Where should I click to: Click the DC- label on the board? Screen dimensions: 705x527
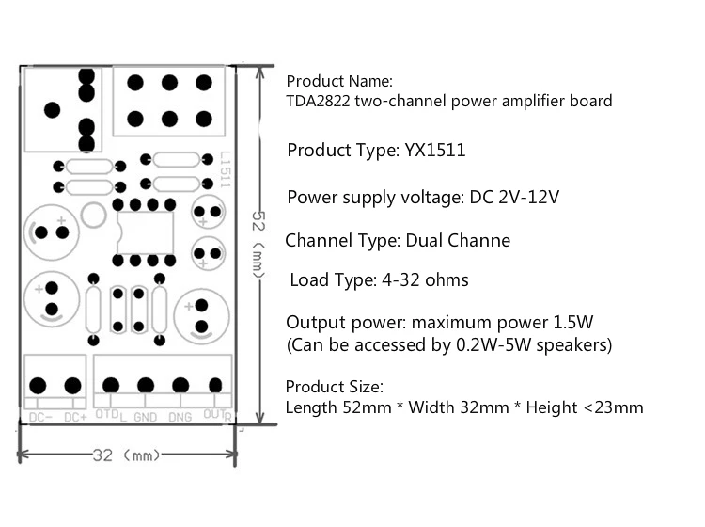tap(40, 418)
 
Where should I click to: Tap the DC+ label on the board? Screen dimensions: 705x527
tap(75, 418)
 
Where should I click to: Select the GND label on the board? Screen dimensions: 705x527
tap(145, 418)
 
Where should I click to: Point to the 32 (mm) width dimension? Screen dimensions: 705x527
tap(126, 455)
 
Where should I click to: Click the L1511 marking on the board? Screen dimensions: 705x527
tap(226, 169)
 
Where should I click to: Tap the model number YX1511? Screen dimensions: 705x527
tap(435, 150)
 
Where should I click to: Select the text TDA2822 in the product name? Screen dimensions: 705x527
tap(318, 101)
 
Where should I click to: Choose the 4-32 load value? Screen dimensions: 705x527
tap(401, 279)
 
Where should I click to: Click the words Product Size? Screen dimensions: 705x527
tap(334, 387)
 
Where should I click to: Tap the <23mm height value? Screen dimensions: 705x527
tap(613, 407)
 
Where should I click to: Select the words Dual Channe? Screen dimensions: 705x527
tap(458, 240)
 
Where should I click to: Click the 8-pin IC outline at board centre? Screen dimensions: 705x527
tap(145, 232)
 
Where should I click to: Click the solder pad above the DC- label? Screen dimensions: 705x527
tap(38, 386)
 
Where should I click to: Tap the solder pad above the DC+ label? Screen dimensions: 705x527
tap(72, 386)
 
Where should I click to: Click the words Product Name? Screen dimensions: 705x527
tap(339, 81)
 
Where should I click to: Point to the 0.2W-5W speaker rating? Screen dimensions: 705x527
tap(493, 345)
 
